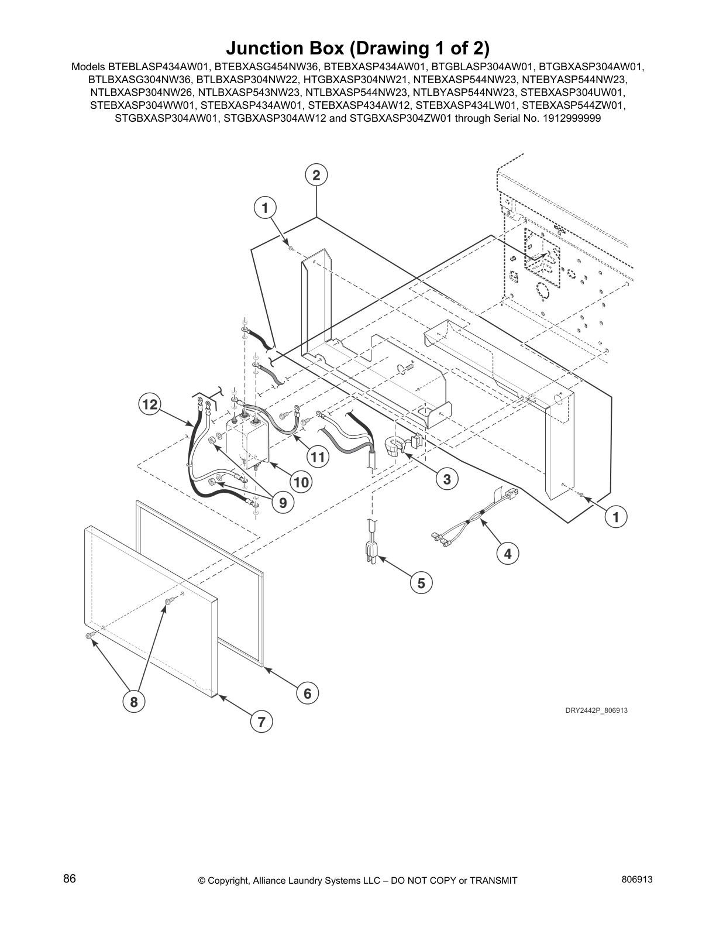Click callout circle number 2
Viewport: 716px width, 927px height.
(316, 175)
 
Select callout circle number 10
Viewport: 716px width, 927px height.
(301, 482)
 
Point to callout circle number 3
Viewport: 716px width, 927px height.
(447, 479)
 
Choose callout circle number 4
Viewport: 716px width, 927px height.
(508, 553)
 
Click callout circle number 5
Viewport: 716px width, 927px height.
(421, 582)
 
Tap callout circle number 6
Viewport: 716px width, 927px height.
(308, 693)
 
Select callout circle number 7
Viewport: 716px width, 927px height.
(261, 722)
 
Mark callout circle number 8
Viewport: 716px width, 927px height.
(134, 702)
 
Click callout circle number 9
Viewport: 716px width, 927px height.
(283, 502)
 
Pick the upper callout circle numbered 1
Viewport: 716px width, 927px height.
(265, 207)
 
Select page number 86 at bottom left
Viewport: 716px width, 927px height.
(70, 879)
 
